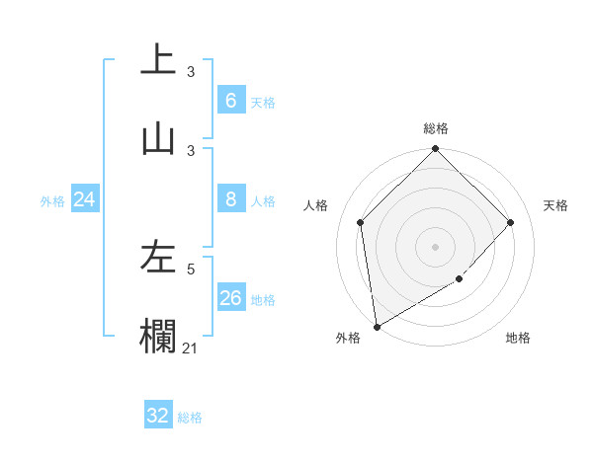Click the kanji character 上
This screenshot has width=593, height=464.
pyautogui.click(x=158, y=59)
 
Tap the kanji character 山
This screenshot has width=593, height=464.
pyautogui.click(x=158, y=138)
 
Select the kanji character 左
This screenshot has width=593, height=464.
pyautogui.click(x=158, y=258)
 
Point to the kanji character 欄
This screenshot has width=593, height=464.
pyautogui.click(x=158, y=335)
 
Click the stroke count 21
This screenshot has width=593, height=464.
pyautogui.click(x=191, y=347)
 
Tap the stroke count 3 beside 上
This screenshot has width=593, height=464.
pyautogui.click(x=191, y=71)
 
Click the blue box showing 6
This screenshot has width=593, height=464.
pyautogui.click(x=230, y=101)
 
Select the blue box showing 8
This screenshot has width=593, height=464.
pyautogui.click(x=230, y=199)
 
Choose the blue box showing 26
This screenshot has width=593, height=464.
pyautogui.click(x=230, y=298)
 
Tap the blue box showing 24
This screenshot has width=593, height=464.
pyautogui.click(x=84, y=199)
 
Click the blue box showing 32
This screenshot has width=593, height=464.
pyautogui.click(x=158, y=416)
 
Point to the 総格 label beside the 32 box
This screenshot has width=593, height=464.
pyautogui.click(x=190, y=418)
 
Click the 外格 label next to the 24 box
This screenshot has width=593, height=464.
pyautogui.click(x=52, y=201)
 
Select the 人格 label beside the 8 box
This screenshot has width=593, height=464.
pyautogui.click(x=263, y=201)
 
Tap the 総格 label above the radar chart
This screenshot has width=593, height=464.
pyautogui.click(x=436, y=128)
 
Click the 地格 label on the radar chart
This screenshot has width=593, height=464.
pyautogui.click(x=518, y=338)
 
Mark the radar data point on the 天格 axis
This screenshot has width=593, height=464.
pyautogui.click(x=511, y=222)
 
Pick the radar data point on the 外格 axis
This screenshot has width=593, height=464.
pyautogui.click(x=377, y=327)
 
